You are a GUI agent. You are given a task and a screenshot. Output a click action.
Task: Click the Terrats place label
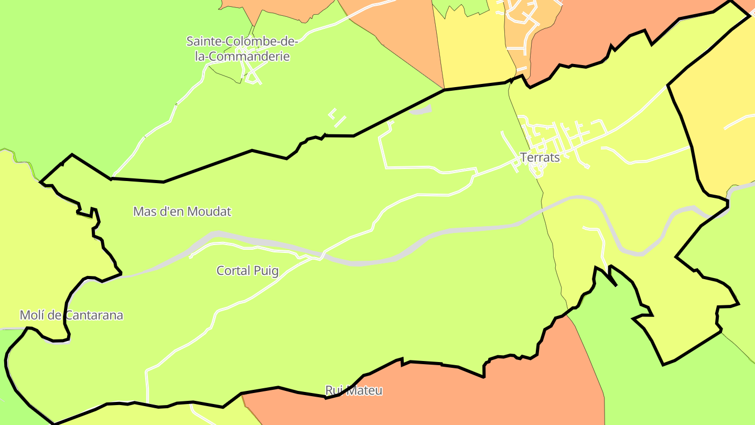540,157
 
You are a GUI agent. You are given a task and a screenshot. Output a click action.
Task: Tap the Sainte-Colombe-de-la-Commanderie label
242,49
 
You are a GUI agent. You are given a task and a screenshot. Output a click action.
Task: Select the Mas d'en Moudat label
182,212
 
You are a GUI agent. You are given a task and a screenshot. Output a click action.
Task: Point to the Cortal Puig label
247,271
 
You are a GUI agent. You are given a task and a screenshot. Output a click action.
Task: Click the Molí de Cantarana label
71,315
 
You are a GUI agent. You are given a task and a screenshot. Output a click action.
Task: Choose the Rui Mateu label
354,391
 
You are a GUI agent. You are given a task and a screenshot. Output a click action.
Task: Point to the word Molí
31,315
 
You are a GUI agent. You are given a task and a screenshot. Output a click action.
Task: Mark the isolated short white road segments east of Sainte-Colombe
337,118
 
